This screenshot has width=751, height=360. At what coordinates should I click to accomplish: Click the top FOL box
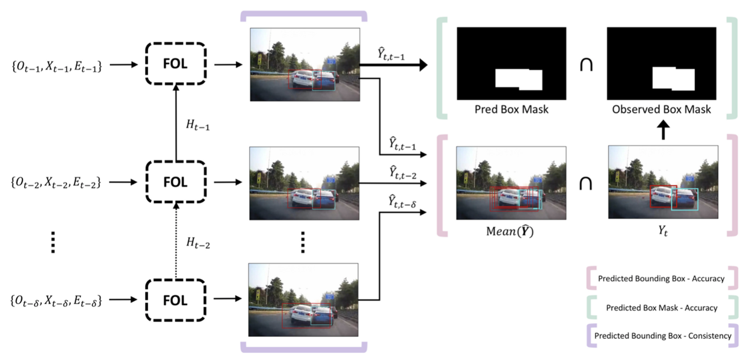click(x=175, y=63)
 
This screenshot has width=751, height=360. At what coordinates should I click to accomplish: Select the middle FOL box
click(x=175, y=182)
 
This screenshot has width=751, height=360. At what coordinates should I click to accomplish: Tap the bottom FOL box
click(x=175, y=300)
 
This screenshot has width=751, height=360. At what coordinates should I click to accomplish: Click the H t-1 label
click(x=198, y=125)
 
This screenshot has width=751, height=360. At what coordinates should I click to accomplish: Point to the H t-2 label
click(x=198, y=243)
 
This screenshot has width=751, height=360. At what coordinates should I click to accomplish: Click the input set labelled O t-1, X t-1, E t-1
click(x=57, y=66)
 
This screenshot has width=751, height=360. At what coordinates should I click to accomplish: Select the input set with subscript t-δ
click(x=56, y=301)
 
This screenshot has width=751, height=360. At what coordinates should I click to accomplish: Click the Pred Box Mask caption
click(x=511, y=109)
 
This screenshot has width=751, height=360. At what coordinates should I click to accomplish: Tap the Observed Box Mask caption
click(x=661, y=109)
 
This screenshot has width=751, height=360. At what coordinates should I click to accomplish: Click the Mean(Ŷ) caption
click(x=510, y=231)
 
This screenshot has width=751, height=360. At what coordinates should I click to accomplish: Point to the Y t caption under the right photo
click(x=663, y=230)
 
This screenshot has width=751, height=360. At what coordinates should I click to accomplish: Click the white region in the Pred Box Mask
click(x=518, y=79)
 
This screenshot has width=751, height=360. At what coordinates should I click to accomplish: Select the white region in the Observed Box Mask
click(x=673, y=78)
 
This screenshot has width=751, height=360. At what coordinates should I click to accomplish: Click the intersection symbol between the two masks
click(x=586, y=65)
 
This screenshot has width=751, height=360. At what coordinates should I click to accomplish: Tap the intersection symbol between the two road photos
click(x=586, y=183)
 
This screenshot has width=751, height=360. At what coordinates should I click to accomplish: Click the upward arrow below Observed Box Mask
click(x=663, y=130)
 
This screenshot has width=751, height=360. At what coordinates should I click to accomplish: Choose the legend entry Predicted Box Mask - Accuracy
click(x=662, y=308)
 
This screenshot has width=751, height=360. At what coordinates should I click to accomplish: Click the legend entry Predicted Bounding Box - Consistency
click(x=662, y=336)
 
